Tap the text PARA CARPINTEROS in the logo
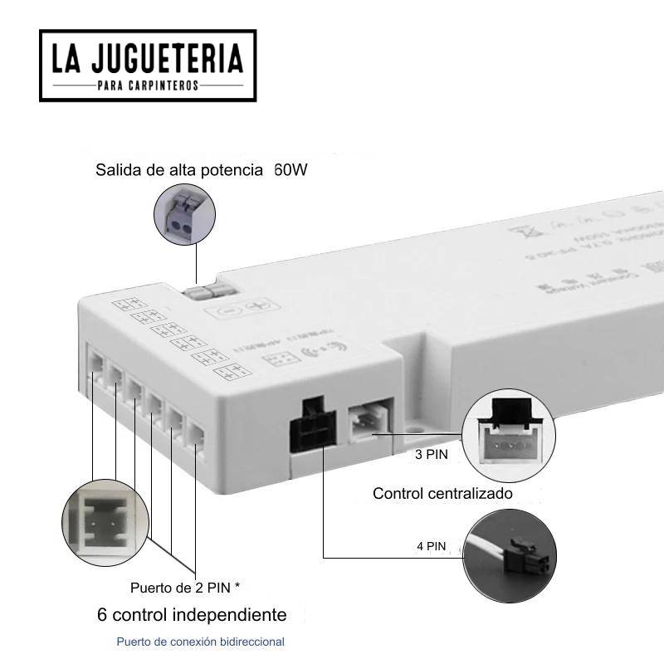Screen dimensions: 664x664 click(148, 86)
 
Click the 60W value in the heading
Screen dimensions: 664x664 click(290, 171)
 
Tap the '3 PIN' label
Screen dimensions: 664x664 click(432, 455)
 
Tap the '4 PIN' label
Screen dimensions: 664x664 click(432, 546)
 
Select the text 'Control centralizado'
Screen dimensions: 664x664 click(442, 494)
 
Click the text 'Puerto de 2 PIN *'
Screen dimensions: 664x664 click(185, 588)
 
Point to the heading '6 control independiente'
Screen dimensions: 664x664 click(192, 615)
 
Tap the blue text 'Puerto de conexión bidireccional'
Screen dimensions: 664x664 click(200, 642)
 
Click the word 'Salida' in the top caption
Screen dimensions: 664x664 click(117, 171)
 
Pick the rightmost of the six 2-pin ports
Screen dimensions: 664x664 click(196, 436)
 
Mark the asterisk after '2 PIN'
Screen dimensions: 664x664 click(237, 586)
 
